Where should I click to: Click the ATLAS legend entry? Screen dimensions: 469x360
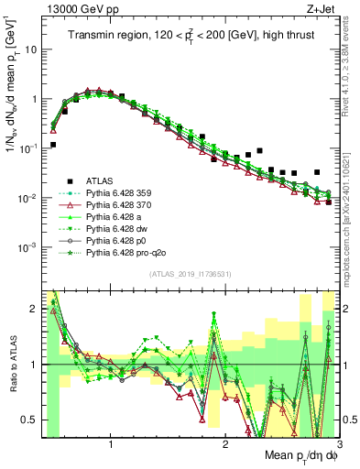97,180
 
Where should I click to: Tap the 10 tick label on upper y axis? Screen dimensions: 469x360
30,49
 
